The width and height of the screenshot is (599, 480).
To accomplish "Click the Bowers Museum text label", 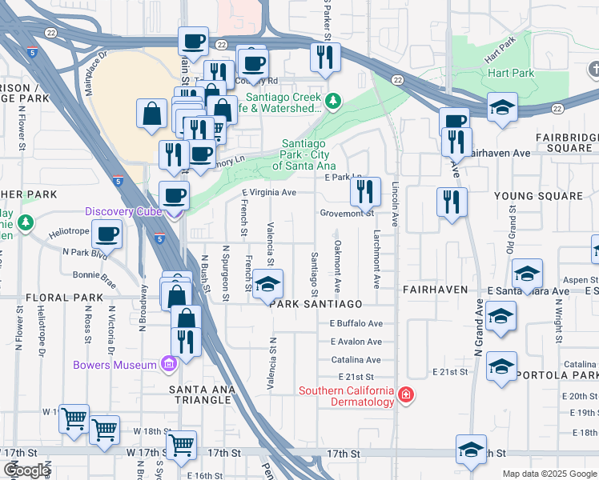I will (x=115, y=366).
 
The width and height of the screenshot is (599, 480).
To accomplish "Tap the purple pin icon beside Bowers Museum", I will (x=168, y=366).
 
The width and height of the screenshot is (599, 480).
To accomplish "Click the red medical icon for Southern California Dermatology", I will (x=406, y=395).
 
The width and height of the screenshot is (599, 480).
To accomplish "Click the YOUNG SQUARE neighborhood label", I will (x=538, y=196).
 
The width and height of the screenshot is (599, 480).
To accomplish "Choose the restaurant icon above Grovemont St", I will (x=364, y=192).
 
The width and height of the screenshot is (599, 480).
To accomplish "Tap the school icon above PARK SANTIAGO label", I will (x=268, y=285).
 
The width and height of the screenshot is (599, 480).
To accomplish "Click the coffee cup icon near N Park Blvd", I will (x=107, y=235).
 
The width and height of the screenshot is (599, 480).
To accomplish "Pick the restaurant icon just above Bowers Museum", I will (x=186, y=342).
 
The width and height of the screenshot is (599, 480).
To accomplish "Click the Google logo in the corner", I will (x=26, y=470).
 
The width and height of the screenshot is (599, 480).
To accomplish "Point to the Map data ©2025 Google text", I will (x=549, y=474).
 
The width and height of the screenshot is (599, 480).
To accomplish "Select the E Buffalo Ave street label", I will (x=356, y=324).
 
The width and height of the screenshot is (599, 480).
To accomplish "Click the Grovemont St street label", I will (x=347, y=214).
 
